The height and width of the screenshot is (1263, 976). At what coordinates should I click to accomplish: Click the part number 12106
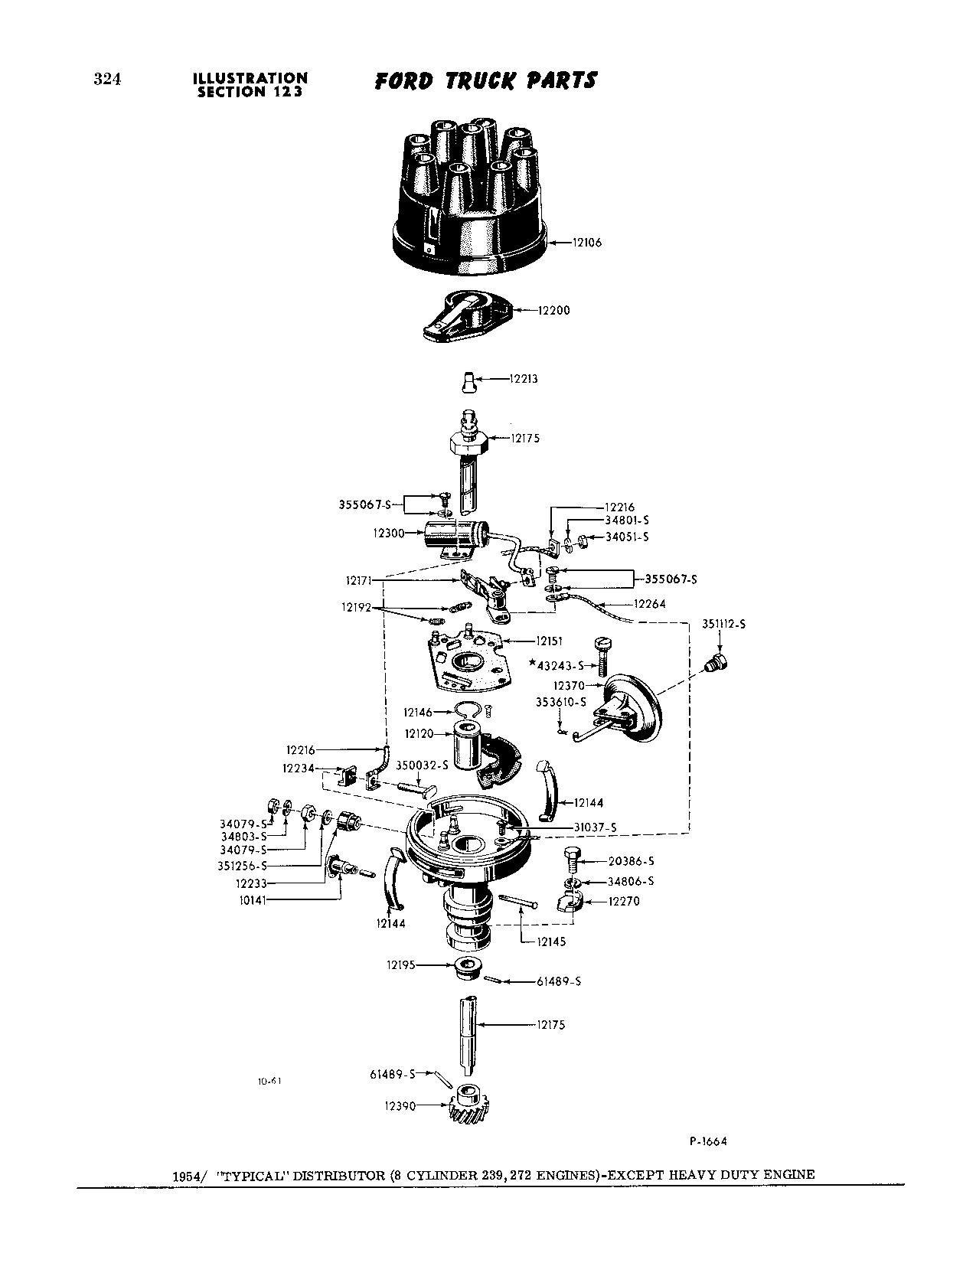pyautogui.click(x=587, y=243)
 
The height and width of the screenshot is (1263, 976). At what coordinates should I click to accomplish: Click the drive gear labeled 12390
pyautogui.click(x=469, y=1105)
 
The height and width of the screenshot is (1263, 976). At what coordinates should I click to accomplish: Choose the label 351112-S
pyautogui.click(x=723, y=625)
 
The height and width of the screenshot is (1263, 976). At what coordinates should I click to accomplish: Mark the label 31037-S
pyautogui.click(x=595, y=827)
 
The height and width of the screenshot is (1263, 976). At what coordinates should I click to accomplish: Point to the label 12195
pyautogui.click(x=400, y=965)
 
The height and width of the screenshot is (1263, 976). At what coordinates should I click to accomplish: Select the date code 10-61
pyautogui.click(x=269, y=1082)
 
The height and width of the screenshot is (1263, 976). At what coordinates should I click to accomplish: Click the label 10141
pyautogui.click(x=252, y=900)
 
